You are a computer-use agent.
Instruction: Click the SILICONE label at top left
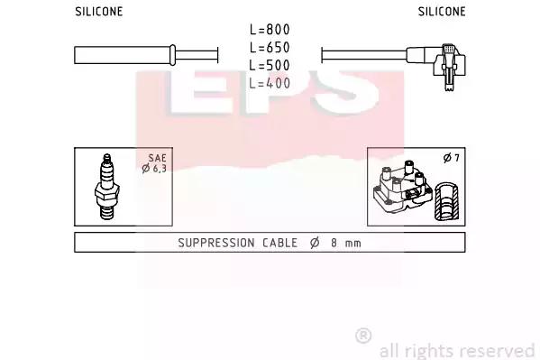point(99,12)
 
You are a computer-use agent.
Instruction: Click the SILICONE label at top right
point(442,12)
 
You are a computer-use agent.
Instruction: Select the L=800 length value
point(270,29)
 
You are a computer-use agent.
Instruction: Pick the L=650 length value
point(270,47)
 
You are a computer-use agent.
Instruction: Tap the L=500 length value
point(270,65)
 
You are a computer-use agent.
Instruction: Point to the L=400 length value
point(270,83)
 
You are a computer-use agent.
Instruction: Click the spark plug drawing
point(106,187)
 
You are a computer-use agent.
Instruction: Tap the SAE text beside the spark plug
point(158,158)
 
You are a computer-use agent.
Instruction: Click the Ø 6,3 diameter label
point(154,169)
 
